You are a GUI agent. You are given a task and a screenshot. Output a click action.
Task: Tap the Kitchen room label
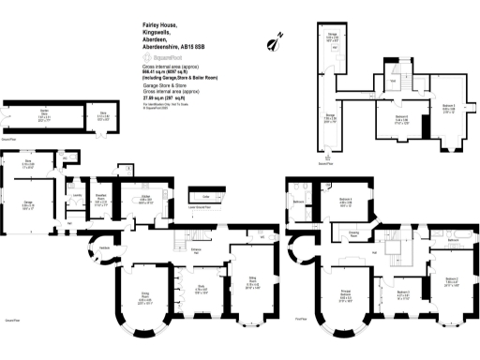(x=145, y=200)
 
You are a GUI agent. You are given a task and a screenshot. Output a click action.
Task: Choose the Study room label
(x=201, y=288)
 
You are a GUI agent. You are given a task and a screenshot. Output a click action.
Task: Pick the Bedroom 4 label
(x=345, y=201)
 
